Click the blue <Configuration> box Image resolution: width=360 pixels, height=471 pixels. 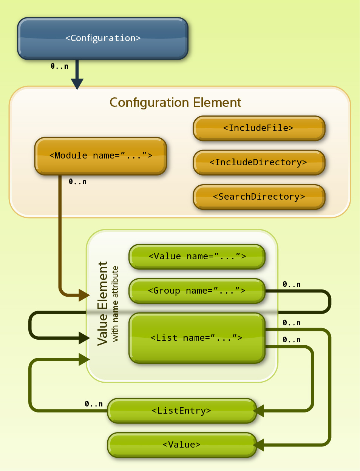point(103,38)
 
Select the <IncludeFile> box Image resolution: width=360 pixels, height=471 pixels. point(259,128)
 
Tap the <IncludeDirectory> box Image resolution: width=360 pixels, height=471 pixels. point(259,163)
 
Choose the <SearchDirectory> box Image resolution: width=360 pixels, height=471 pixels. point(259,197)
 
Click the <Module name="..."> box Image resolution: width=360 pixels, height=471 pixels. point(100,156)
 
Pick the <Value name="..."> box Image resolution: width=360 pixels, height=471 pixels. point(197,257)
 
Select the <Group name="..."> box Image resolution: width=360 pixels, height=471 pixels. point(197,291)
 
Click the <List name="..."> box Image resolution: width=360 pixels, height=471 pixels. point(197,338)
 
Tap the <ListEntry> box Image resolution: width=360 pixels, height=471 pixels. point(182,411)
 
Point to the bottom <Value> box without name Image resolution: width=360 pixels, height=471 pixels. point(182,445)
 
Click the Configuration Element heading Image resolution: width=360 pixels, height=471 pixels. point(175,103)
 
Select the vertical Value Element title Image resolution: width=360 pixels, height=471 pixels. point(103,303)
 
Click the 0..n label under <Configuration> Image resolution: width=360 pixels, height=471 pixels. point(60,66)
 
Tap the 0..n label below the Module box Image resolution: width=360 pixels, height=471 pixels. point(78,182)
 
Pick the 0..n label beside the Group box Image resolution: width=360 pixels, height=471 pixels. point(292,285)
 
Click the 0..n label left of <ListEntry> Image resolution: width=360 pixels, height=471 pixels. point(94,404)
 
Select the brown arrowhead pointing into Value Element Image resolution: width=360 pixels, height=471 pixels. point(84,295)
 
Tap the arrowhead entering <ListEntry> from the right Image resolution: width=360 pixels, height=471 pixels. point(259,411)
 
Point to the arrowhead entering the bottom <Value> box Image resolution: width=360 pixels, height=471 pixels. point(259,445)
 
